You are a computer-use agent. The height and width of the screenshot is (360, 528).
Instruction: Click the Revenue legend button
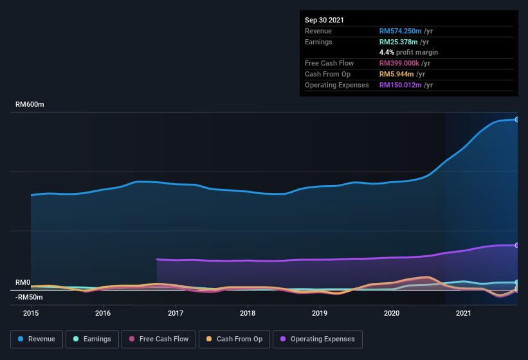pyautogui.click(x=37, y=339)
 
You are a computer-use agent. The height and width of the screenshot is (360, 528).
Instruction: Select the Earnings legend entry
pyautogui.click(x=92, y=339)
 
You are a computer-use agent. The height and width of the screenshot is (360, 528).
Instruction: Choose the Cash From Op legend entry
pyautogui.click(x=234, y=339)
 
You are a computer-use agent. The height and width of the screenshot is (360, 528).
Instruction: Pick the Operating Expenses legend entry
pyautogui.click(x=318, y=339)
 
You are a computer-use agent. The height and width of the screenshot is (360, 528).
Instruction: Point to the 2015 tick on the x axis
pyautogui.click(x=31, y=314)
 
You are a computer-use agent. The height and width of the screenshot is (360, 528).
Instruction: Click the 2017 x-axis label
pyautogui.click(x=176, y=314)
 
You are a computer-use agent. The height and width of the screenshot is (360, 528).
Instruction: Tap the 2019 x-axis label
pyautogui.click(x=320, y=314)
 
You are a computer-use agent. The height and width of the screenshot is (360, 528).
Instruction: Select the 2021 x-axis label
pyautogui.click(x=464, y=314)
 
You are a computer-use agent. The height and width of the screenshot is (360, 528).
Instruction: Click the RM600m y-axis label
pyautogui.click(x=30, y=104)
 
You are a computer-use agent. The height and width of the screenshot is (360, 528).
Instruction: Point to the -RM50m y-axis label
pyautogui.click(x=30, y=297)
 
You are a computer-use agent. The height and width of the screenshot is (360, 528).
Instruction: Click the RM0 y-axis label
pyautogui.click(x=23, y=282)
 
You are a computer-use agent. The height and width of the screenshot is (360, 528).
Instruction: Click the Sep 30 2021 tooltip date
pyautogui.click(x=324, y=20)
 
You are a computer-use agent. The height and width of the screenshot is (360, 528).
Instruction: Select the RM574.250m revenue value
pyautogui.click(x=400, y=31)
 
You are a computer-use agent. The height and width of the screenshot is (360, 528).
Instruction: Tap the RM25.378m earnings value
pyautogui.click(x=398, y=42)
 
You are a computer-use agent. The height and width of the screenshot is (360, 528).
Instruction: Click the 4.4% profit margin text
pyautogui.click(x=408, y=52)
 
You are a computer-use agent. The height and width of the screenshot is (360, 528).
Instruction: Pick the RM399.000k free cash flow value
pyautogui.click(x=400, y=63)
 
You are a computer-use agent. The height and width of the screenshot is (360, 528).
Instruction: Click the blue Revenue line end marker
pyautogui.click(x=516, y=120)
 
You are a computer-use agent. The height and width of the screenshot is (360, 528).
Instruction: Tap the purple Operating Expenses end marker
pyautogui.click(x=516, y=246)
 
